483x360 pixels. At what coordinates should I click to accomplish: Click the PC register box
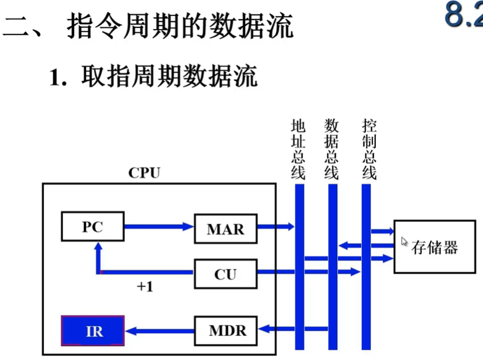(93, 227)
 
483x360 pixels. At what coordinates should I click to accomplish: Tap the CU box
(225, 274)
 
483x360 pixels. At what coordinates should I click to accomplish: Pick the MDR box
(225, 330)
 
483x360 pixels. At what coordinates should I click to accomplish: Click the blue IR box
(93, 331)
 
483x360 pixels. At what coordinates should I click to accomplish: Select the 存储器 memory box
(434, 247)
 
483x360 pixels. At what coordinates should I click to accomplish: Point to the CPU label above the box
(145, 173)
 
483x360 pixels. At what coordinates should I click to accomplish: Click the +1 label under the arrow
(145, 286)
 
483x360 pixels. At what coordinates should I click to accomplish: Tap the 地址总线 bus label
(298, 150)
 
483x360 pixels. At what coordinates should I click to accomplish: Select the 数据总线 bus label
(331, 150)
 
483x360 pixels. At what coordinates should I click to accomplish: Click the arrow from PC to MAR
(159, 227)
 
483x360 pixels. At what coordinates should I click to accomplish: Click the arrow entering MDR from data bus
(280, 327)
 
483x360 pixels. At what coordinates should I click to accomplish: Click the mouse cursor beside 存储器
(404, 242)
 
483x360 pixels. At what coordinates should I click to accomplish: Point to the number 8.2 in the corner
(464, 17)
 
